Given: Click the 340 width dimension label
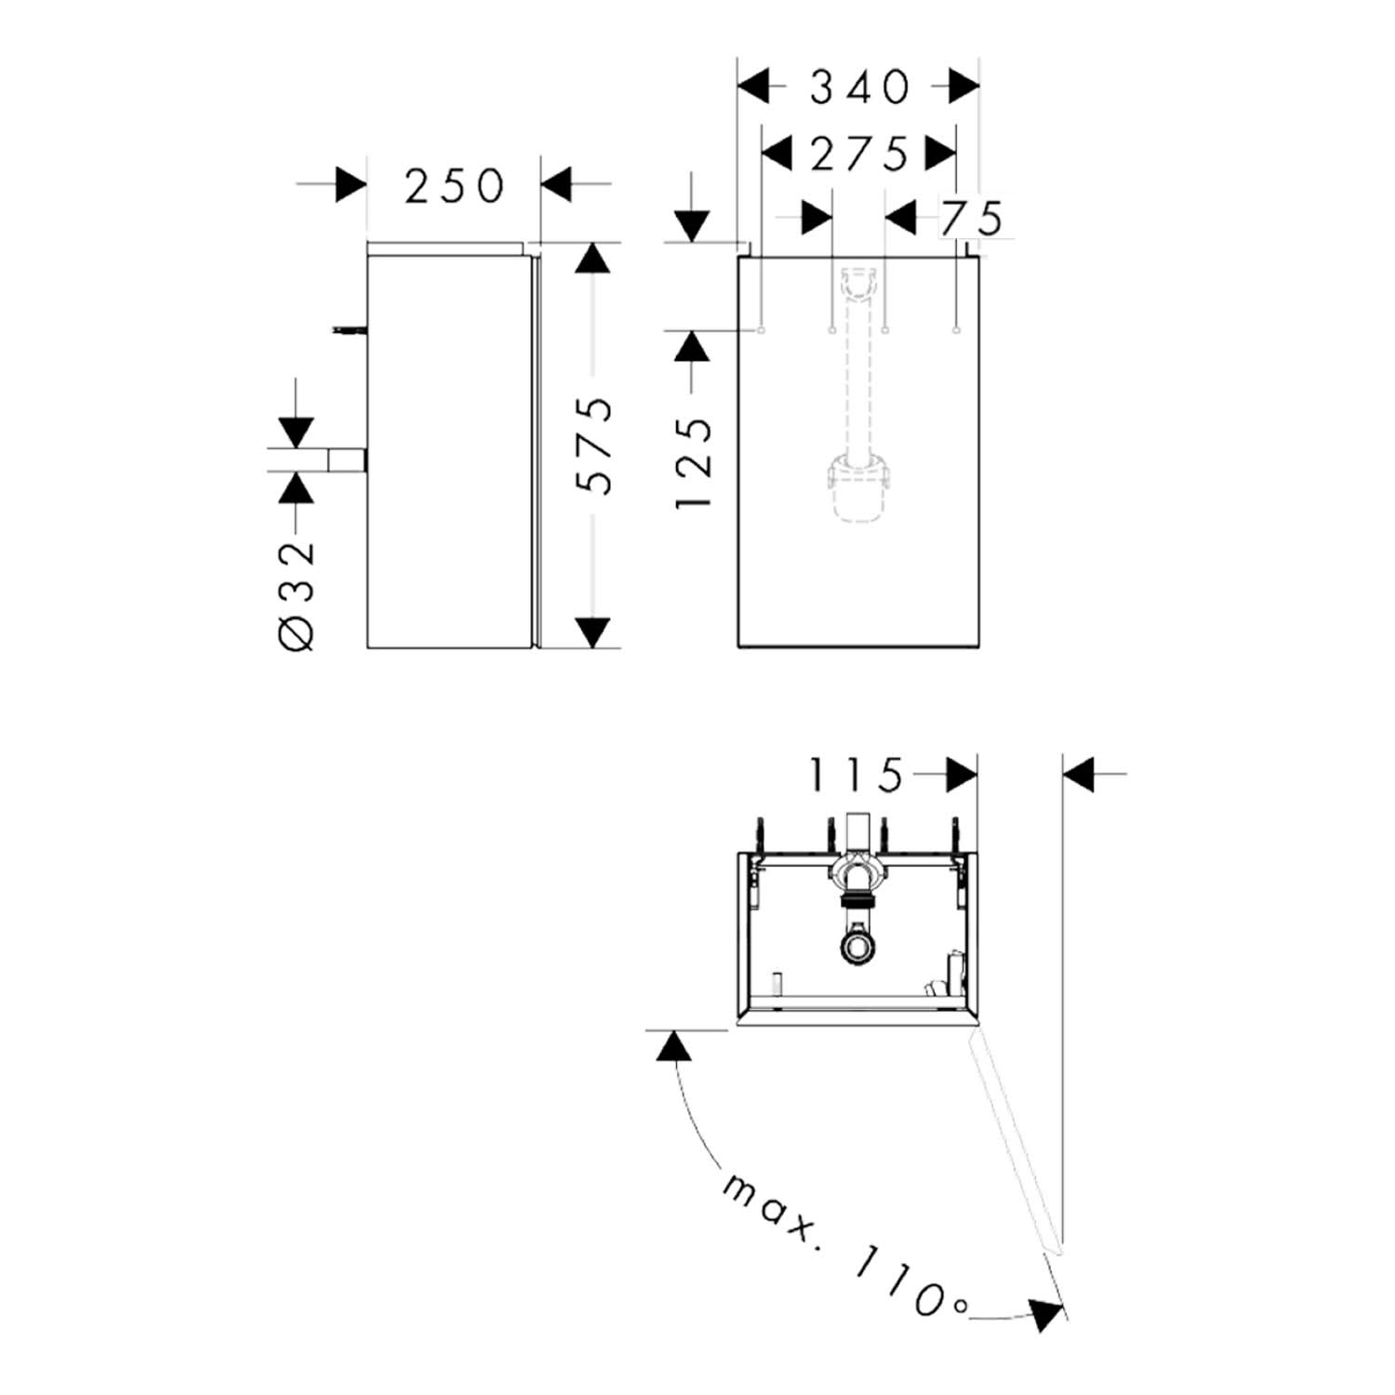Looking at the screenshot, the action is coord(859,87).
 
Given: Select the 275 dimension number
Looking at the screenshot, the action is coord(858,153).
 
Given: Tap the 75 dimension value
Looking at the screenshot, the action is coord(972,219).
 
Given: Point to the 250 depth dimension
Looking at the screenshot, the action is coord(454,186).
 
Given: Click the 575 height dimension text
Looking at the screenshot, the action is coord(595,445).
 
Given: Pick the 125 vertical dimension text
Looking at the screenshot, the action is coord(694,461).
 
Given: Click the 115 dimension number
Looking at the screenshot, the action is coord(856,774).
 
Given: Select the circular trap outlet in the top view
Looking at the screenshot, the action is coord(857,947).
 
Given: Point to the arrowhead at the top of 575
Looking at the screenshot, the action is coord(592,258).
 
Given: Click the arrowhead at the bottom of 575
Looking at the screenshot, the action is coord(592,632).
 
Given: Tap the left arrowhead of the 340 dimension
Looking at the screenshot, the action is coord(754,87).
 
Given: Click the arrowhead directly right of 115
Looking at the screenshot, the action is coord(962,774).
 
